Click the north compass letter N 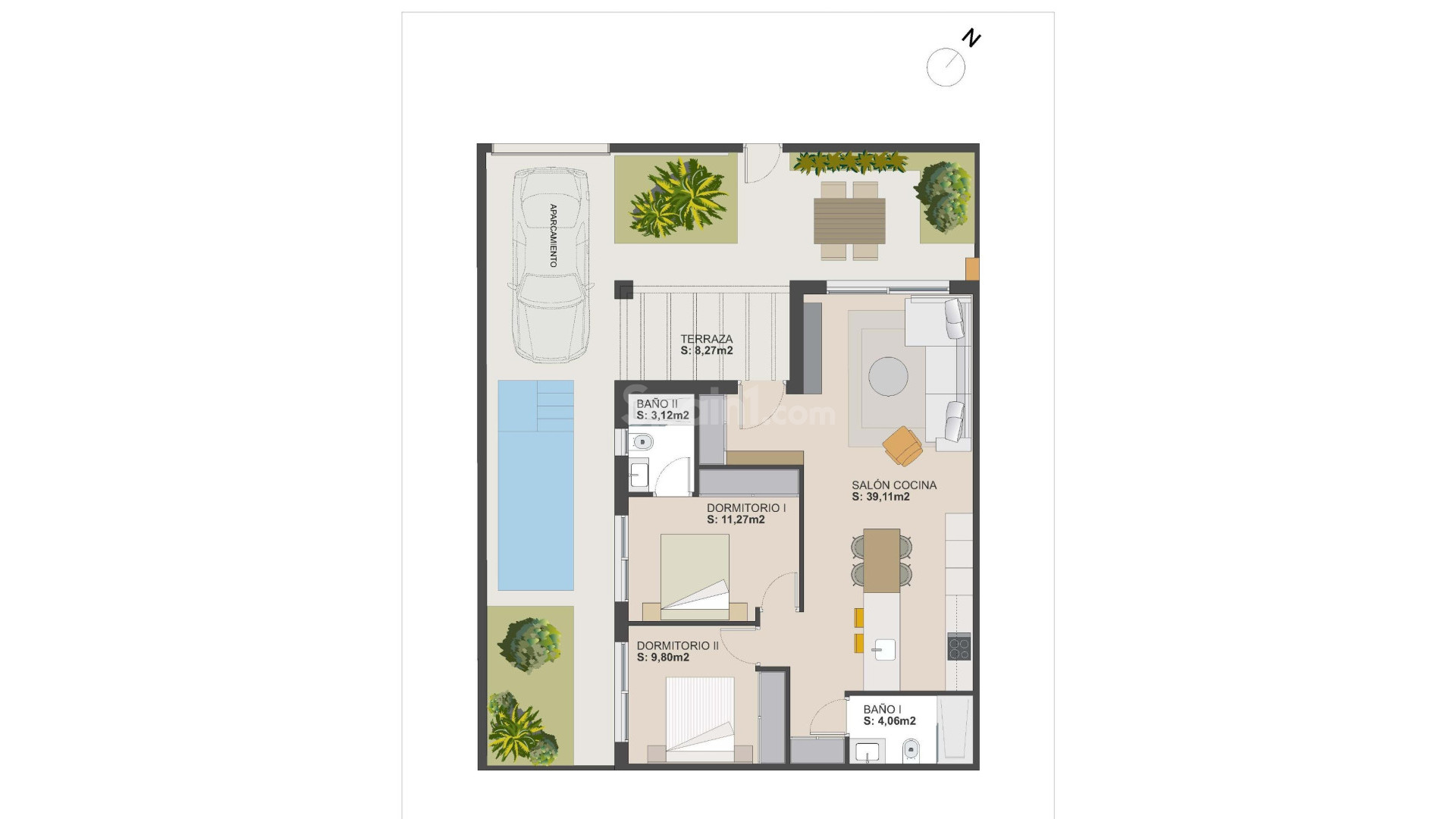971,38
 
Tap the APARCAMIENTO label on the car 553,235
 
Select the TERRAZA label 706,339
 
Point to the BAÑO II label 657,403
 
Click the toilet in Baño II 642,442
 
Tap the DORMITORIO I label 746,507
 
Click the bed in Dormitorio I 695,573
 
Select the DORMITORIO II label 677,645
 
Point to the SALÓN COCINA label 894,485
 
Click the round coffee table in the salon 888,376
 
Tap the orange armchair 902,445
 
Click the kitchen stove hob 959,646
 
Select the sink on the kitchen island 883,650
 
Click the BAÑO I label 882,709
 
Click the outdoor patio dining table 849,220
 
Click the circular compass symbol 946,67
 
